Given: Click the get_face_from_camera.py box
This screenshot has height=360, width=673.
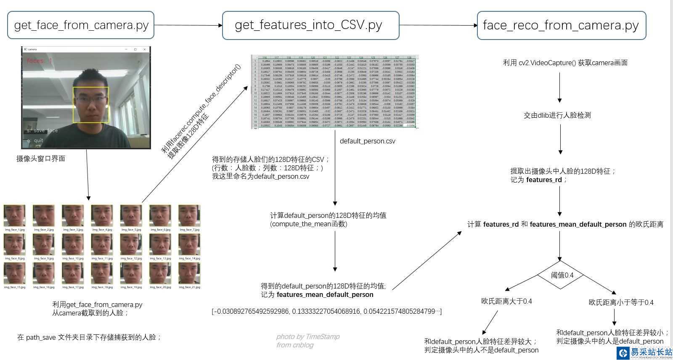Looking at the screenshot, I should [x=81, y=25].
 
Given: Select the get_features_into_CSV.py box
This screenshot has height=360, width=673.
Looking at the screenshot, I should [x=310, y=25].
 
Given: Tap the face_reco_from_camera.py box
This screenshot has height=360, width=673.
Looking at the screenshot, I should [x=561, y=25].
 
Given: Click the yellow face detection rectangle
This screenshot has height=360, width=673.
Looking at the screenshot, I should [x=91, y=105].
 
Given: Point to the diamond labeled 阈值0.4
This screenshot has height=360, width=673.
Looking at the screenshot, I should [x=562, y=275].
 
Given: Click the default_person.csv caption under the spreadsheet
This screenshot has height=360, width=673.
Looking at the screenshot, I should [x=368, y=141].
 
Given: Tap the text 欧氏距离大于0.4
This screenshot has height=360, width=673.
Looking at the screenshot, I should [x=506, y=301].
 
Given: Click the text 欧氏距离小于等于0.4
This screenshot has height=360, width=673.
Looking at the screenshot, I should [x=621, y=302].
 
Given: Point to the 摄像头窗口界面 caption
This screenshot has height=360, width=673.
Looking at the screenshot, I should [x=41, y=159].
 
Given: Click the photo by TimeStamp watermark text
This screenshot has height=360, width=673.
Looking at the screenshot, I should [x=308, y=336].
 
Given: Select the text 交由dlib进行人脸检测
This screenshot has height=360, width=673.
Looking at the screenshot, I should [x=557, y=115].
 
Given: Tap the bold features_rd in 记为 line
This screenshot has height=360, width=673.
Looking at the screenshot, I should [x=544, y=180].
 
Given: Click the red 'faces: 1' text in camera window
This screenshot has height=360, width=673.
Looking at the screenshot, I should [x=39, y=61].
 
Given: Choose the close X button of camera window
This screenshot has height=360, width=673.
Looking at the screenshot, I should [x=145, y=49].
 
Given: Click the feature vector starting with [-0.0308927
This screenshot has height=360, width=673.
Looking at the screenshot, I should [x=326, y=311].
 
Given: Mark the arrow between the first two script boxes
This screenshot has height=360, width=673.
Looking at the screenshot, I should [x=188, y=25].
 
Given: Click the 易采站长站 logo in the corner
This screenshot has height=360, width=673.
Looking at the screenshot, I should [x=646, y=352].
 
